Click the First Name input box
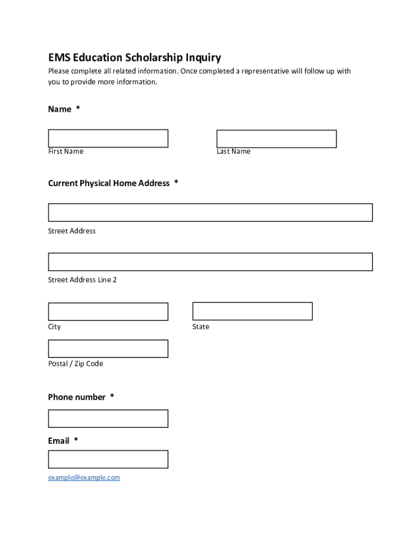click(x=108, y=138)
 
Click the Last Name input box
click(x=276, y=139)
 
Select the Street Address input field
click(x=210, y=212)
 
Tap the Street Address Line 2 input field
click(x=210, y=262)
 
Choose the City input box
click(x=108, y=312)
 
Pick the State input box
click(x=252, y=311)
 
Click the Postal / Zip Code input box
click(x=108, y=349)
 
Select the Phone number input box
click(x=108, y=418)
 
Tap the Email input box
click(x=108, y=459)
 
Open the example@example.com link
click(x=84, y=478)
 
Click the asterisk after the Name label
click(x=78, y=109)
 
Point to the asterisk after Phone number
click(x=112, y=397)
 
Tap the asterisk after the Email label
click(x=76, y=440)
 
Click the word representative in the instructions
click(x=265, y=71)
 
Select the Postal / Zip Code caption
click(x=75, y=364)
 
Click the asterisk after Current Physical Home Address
click(x=176, y=182)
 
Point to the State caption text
click(x=201, y=327)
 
